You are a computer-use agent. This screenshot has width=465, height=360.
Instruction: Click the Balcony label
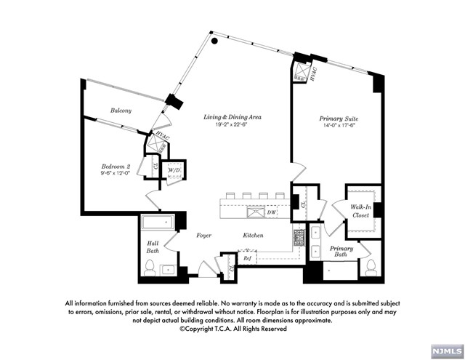(x=121, y=111)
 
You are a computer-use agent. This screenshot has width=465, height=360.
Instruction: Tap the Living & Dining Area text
(x=232, y=117)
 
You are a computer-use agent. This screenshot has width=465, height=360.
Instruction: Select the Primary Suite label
(x=339, y=118)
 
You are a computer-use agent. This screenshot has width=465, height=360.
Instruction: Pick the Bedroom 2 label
(x=115, y=167)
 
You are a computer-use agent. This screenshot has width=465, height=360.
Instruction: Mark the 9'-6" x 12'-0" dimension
(x=115, y=174)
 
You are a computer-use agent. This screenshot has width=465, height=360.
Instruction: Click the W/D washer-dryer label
(x=174, y=172)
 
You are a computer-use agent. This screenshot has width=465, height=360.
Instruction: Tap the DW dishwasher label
(x=271, y=213)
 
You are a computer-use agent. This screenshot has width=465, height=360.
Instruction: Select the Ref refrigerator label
(x=247, y=258)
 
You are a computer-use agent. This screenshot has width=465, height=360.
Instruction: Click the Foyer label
(x=204, y=236)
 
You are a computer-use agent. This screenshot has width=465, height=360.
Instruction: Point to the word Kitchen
(x=253, y=236)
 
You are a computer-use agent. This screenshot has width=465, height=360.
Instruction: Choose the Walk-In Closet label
(x=360, y=212)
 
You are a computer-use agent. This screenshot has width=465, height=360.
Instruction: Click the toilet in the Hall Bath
(x=150, y=268)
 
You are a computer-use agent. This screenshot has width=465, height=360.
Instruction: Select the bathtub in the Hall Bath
(x=158, y=223)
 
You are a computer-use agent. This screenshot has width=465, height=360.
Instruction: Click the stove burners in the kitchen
(x=297, y=236)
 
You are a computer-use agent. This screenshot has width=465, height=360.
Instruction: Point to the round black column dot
(x=215, y=41)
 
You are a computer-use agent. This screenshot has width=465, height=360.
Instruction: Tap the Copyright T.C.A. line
(x=232, y=329)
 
